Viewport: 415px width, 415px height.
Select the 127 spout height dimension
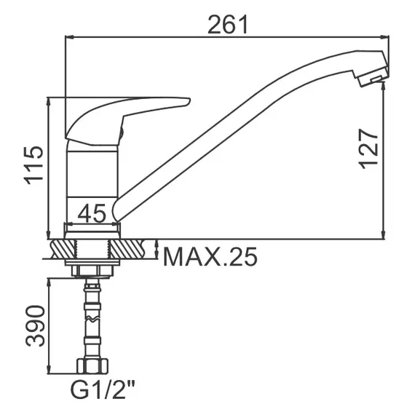369,149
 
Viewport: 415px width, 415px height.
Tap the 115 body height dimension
33,165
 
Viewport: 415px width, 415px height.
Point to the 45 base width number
92,213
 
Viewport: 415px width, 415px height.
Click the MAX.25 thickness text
210,256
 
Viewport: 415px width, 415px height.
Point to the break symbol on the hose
92,321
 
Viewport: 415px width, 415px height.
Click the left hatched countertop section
60,249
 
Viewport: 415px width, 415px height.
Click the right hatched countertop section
134,249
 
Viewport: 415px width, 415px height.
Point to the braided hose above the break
92,299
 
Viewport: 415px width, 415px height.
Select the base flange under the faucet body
92,230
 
